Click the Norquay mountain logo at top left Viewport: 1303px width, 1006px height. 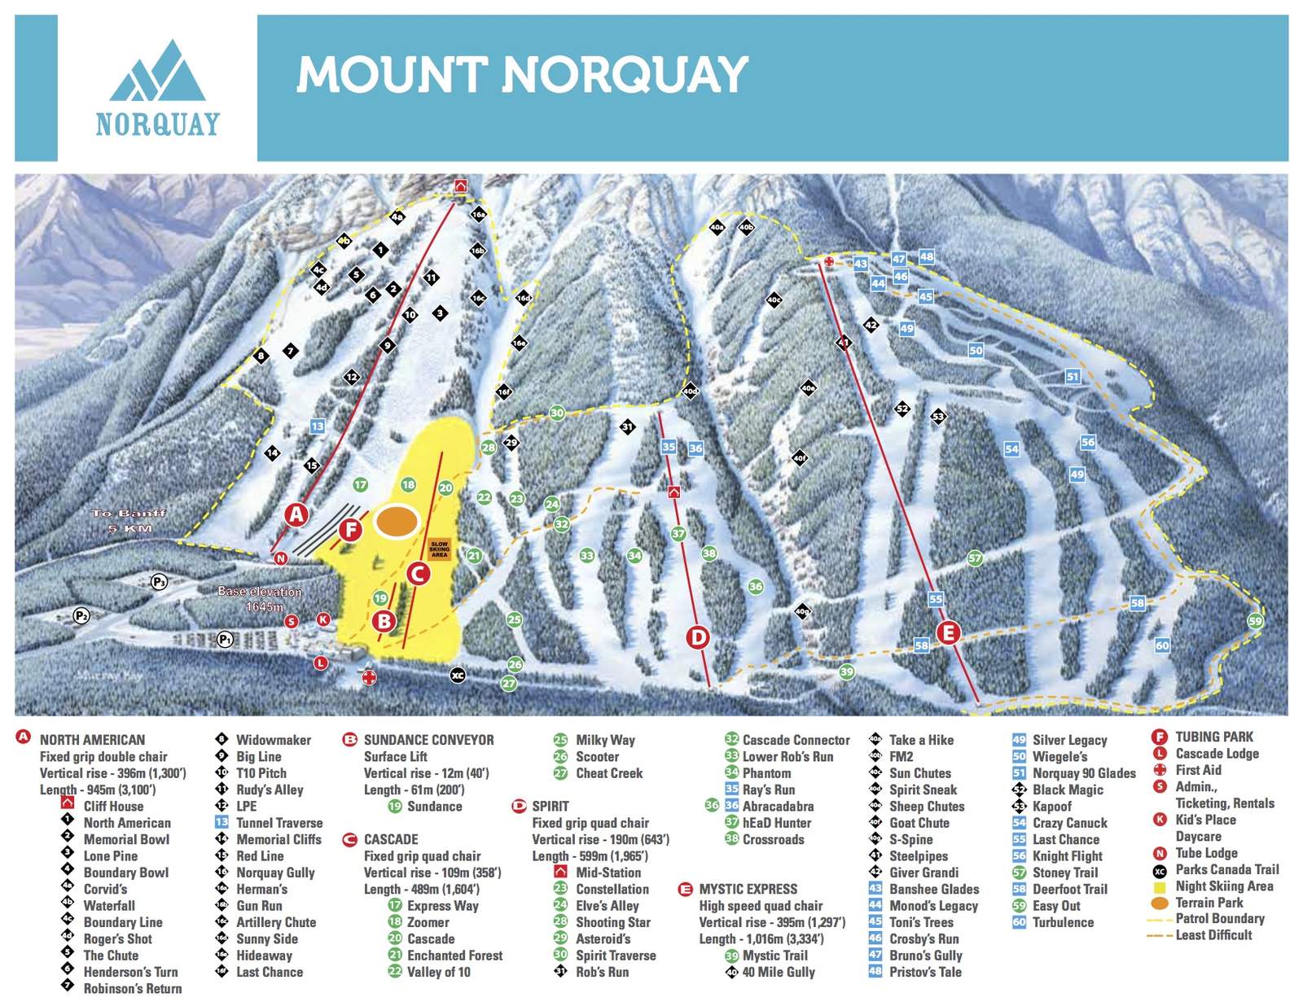(x=157, y=88)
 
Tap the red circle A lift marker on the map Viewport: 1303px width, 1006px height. (x=297, y=514)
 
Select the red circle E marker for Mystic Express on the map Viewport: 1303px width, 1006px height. (x=948, y=632)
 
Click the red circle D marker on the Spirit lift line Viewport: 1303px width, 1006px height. (x=698, y=637)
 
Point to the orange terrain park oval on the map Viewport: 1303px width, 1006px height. (x=397, y=522)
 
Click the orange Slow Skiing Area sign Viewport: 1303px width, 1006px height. (x=439, y=549)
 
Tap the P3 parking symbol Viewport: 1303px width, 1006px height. (x=159, y=581)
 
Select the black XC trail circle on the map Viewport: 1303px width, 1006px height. (x=458, y=676)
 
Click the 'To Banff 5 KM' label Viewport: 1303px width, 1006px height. (x=129, y=520)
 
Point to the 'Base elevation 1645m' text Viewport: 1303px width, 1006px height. (x=259, y=599)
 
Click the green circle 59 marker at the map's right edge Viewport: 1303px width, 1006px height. (x=1256, y=621)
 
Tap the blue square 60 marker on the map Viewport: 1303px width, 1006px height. (x=1162, y=645)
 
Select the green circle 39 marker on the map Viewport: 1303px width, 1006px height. (x=847, y=671)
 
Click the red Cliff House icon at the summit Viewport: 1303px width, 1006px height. (x=460, y=186)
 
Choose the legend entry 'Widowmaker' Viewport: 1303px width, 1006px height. (x=273, y=740)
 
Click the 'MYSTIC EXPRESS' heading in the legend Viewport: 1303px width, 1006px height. (x=748, y=889)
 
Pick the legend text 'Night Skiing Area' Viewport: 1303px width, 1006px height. (x=1224, y=886)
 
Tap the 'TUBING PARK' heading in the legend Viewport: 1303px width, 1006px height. (x=1213, y=737)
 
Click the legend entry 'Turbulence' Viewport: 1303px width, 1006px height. (x=1063, y=922)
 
